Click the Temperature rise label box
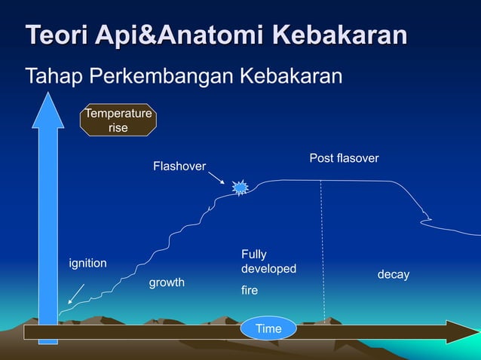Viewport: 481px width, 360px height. tap(118, 121)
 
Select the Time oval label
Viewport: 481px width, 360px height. tap(268, 328)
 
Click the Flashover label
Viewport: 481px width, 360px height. tap(179, 166)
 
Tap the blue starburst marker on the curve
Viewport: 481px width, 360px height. tap(240, 188)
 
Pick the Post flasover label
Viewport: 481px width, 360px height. tap(344, 158)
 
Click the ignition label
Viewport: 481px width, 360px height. tap(87, 263)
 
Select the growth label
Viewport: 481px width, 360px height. tap(167, 282)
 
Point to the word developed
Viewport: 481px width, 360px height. tap(268, 269)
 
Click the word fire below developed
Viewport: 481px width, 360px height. tap(249, 288)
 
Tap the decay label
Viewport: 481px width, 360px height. tap(393, 275)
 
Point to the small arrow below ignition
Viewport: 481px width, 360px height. tap(75, 293)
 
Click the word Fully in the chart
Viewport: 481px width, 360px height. tap(253, 255)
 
